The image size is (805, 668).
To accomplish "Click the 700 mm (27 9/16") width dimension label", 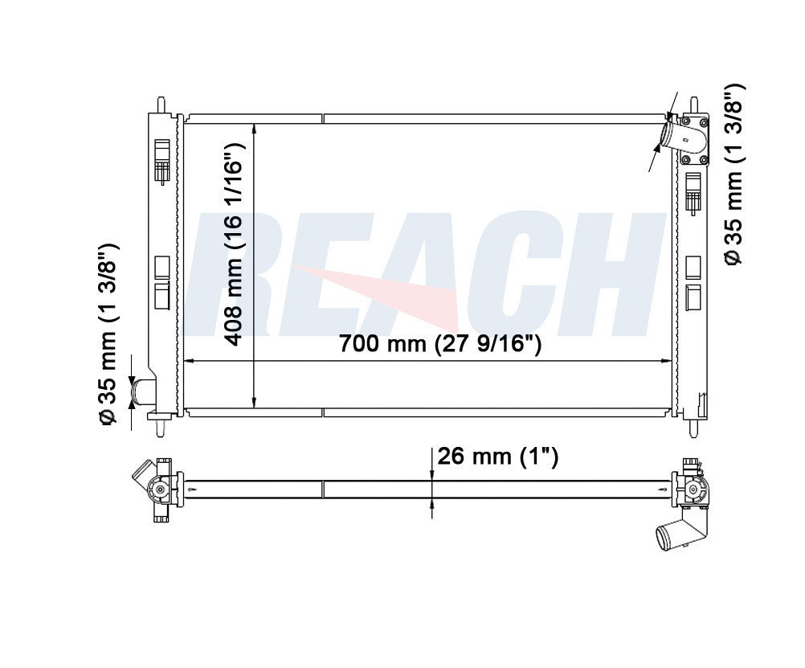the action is tap(440, 343).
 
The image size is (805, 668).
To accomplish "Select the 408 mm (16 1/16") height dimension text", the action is tap(234, 244).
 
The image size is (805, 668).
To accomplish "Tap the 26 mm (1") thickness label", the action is tap(497, 456).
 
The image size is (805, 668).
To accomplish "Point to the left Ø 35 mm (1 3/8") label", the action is tap(108, 334).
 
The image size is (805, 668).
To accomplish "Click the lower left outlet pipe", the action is tap(143, 391).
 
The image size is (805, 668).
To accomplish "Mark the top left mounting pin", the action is tap(161, 105).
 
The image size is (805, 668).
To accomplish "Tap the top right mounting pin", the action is tap(693, 105).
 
